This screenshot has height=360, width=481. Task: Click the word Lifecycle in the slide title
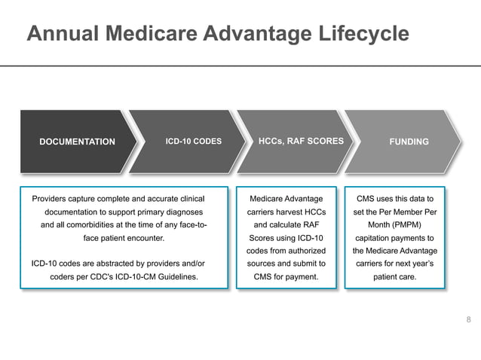coord(361,34)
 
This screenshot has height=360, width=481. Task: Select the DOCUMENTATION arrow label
coord(77,142)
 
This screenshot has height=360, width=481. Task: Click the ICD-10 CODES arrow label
coord(194,141)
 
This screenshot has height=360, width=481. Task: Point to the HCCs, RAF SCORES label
coord(301,141)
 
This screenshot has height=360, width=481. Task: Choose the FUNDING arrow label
coord(409,142)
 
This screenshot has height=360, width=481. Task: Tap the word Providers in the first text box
coord(51,199)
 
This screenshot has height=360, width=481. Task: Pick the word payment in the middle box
coord(301,277)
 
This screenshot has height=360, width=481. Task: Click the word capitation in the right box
coord(373,238)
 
